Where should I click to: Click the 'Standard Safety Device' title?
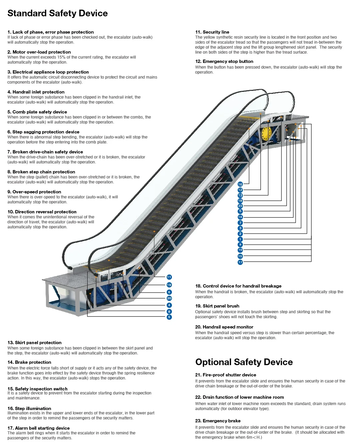(58, 13)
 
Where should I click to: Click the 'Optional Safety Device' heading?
(244, 362)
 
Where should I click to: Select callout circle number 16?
(240, 184)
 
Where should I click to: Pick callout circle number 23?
(240, 206)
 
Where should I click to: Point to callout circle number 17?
(240, 262)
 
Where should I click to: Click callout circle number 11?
(169, 277)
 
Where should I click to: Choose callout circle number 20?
(169, 298)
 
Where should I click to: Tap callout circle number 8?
(169, 312)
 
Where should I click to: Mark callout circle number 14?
(240, 217)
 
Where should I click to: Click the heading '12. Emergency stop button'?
(224, 62)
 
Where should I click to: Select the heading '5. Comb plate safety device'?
(37, 112)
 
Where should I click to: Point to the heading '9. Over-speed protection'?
(34, 192)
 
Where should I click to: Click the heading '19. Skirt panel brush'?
(217, 306)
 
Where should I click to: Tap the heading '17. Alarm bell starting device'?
(39, 428)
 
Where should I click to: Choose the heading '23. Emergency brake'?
(218, 421)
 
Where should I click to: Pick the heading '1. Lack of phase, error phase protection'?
(51, 32)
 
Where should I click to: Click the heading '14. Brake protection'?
(29, 362)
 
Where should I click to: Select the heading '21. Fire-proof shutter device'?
(225, 375)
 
